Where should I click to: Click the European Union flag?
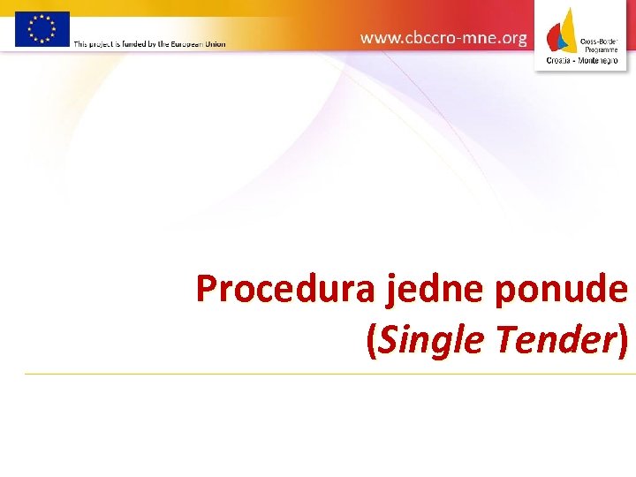(42, 29)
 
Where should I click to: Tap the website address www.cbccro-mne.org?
(443, 38)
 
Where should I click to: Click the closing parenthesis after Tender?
(623, 339)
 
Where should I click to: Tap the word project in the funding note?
(105, 43)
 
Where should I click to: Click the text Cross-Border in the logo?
(599, 42)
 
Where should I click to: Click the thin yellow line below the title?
(327, 375)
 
